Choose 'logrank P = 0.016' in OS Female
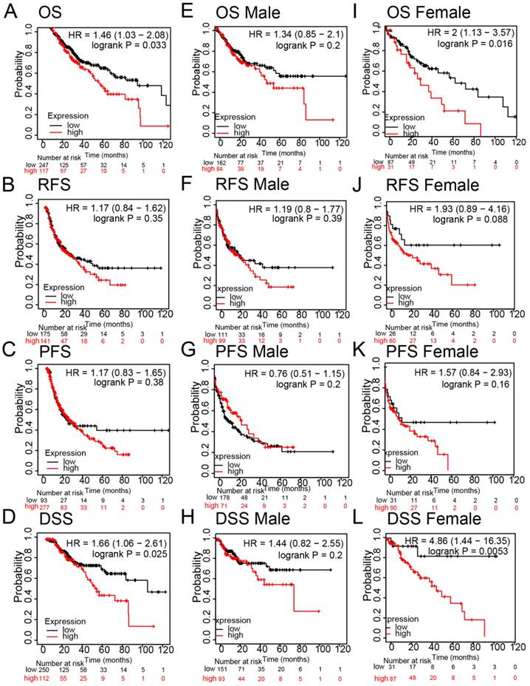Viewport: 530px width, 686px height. (x=479, y=45)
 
